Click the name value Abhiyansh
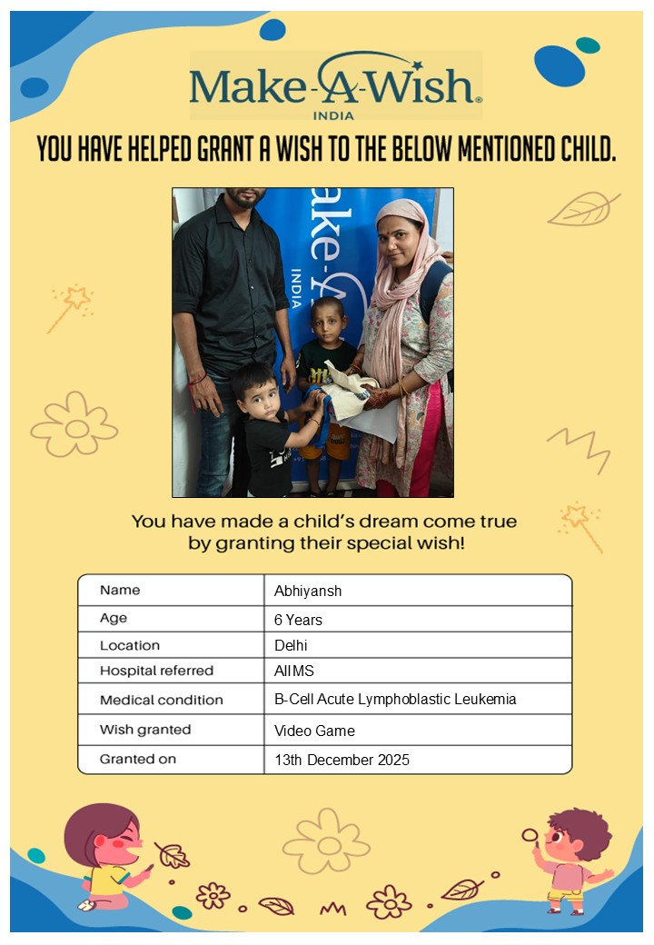(308, 592)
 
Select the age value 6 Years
(298, 621)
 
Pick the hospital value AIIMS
(294, 671)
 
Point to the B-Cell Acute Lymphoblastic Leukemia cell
(395, 701)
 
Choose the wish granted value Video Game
(314, 731)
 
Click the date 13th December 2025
(342, 760)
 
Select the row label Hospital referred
(156, 671)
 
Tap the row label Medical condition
(161, 701)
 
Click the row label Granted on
(138, 759)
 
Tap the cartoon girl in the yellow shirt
(105, 859)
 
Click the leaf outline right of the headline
(582, 210)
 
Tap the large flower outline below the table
(325, 841)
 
